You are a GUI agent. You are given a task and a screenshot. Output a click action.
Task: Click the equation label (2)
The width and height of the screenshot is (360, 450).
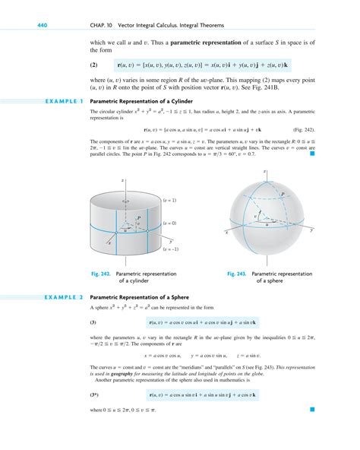[x=94, y=65]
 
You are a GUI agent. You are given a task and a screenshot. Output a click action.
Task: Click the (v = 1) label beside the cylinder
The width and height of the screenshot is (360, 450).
[x=169, y=200]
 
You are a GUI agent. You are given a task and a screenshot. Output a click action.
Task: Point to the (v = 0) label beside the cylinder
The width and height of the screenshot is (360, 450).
[x=169, y=224]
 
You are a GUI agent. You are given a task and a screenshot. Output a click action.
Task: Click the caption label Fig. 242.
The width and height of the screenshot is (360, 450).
[x=100, y=272]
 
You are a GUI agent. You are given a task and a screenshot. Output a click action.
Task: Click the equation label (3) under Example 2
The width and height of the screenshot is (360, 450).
[x=93, y=322]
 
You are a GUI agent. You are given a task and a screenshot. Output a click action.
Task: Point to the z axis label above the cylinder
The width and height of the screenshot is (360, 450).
[x=122, y=181]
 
